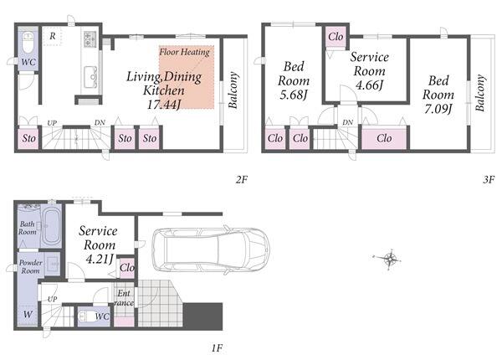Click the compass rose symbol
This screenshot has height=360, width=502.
point(388,258)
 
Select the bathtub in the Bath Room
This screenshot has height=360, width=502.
point(52,225)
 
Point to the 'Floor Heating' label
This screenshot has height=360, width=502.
point(184,52)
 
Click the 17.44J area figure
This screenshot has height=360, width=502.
point(164,105)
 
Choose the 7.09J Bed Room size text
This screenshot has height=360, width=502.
point(438,109)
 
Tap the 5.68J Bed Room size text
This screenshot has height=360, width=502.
point(294,95)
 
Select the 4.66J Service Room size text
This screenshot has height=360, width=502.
point(369,85)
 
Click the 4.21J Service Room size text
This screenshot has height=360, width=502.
point(100,259)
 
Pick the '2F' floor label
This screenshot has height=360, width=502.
point(242,180)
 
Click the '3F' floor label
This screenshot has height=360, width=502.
point(489,180)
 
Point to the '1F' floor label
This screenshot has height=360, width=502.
point(217,347)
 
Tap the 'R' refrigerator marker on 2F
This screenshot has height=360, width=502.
point(53,36)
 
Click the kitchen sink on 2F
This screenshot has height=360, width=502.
point(90,77)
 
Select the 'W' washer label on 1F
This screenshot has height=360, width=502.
point(28,314)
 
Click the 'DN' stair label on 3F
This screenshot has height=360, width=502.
point(348,122)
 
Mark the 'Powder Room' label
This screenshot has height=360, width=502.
point(30,266)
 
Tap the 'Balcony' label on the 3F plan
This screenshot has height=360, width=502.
point(480,93)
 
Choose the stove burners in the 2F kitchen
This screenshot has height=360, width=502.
point(90,39)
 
